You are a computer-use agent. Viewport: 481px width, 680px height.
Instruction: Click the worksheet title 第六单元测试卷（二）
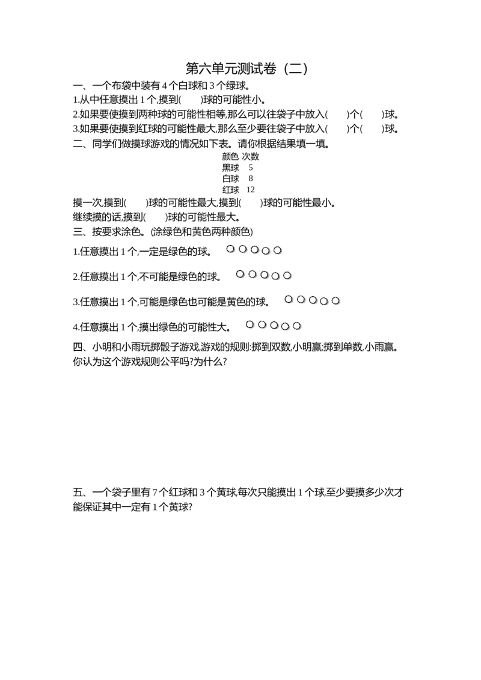click(247, 68)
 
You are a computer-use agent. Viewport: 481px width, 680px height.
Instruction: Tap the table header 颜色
click(230, 157)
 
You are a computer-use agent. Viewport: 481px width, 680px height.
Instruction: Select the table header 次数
click(251, 157)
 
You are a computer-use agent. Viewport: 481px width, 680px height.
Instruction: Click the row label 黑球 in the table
click(230, 168)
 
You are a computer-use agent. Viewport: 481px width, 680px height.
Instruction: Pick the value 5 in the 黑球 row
click(251, 168)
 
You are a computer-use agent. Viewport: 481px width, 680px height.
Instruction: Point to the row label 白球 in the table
click(230, 178)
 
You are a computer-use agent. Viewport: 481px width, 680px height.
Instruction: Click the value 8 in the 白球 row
click(251, 178)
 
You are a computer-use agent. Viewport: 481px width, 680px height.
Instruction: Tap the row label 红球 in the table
click(230, 190)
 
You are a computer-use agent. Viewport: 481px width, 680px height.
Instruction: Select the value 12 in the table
click(251, 189)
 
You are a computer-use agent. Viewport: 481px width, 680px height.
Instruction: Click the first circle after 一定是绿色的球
click(230, 249)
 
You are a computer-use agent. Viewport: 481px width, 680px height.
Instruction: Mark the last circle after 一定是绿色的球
click(277, 250)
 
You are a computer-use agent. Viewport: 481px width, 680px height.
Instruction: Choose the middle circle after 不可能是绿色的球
click(264, 275)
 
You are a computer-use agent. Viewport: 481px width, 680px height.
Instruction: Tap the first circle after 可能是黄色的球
click(289, 299)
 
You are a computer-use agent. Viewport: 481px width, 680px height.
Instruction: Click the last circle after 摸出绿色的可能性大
click(297, 326)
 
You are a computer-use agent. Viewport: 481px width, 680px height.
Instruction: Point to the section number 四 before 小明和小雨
click(78, 347)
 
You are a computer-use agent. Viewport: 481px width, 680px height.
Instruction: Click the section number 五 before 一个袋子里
click(78, 492)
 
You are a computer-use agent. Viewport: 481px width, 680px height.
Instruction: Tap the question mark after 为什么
click(224, 362)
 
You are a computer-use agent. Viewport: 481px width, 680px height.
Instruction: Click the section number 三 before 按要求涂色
click(78, 232)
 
